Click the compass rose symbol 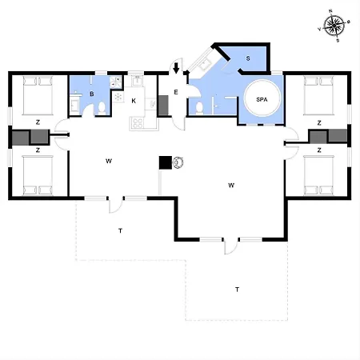coord(334,26)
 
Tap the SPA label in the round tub coord(262,99)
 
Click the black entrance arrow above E coord(176,68)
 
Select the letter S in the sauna coord(248,58)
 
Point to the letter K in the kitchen coord(134,101)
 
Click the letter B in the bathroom coord(92,94)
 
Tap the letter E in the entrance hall coord(176,92)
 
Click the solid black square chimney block coord(166,162)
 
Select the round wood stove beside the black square coord(178,162)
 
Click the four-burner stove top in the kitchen coord(138,123)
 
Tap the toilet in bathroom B coord(102,109)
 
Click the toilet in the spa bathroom coord(199,108)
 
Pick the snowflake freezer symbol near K coord(118,97)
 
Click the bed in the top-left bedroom coord(38,95)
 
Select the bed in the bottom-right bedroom coord(318,175)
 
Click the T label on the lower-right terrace coord(237,290)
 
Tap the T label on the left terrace coord(121,230)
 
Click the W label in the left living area coord(109,161)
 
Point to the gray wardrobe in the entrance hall coord(163,106)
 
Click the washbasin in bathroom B coord(74,106)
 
